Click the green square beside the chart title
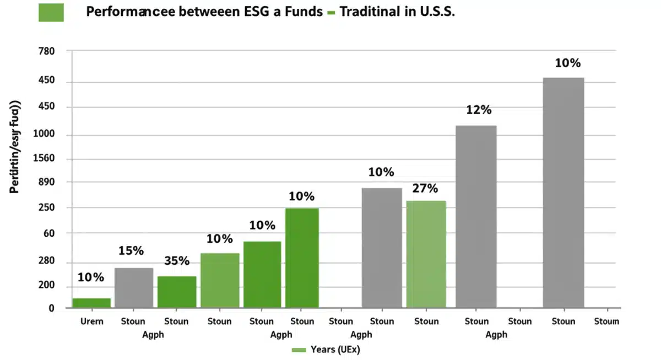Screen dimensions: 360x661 51,12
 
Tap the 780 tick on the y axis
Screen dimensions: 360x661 47,52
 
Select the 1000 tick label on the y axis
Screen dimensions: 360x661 45,135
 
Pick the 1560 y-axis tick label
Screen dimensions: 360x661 45,159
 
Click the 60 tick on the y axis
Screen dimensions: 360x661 49,233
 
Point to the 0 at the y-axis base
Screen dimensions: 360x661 52,308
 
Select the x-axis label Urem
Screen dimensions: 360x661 91,321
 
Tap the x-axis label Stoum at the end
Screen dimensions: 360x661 606,321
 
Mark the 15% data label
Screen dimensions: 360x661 131,251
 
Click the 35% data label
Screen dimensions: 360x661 177,261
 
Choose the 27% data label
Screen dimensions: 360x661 425,189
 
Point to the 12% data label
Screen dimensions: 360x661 478,110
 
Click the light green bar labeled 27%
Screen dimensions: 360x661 426,254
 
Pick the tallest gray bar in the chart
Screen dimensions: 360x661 563,193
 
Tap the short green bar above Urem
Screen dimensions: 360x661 91,303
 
